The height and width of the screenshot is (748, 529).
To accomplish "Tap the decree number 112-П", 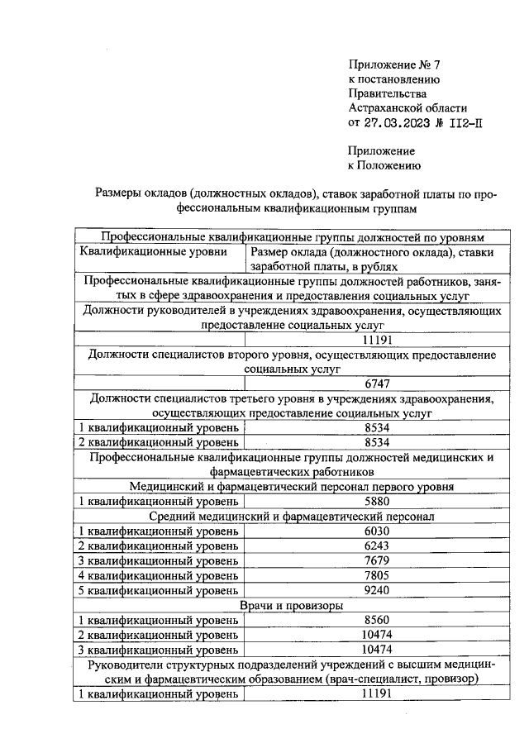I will [462, 122].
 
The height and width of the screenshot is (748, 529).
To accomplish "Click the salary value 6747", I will [376, 383].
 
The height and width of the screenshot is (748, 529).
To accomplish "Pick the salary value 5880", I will [376, 501].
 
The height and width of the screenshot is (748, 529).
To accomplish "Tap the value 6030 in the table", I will [376, 531].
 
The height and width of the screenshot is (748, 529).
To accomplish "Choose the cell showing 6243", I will [376, 546].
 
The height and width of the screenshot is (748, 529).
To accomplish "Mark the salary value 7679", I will [376, 560].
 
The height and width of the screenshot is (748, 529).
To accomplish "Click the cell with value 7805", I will [376, 575].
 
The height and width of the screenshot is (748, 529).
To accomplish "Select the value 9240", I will [376, 590].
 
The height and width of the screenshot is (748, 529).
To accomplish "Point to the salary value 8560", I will [376, 620].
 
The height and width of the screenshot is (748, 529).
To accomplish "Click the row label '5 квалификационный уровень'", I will [158, 590].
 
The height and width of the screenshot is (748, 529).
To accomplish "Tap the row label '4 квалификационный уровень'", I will [158, 575].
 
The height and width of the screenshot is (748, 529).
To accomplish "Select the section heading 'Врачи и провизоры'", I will [292, 605].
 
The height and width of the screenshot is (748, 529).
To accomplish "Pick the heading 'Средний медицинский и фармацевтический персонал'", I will [292, 516].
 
